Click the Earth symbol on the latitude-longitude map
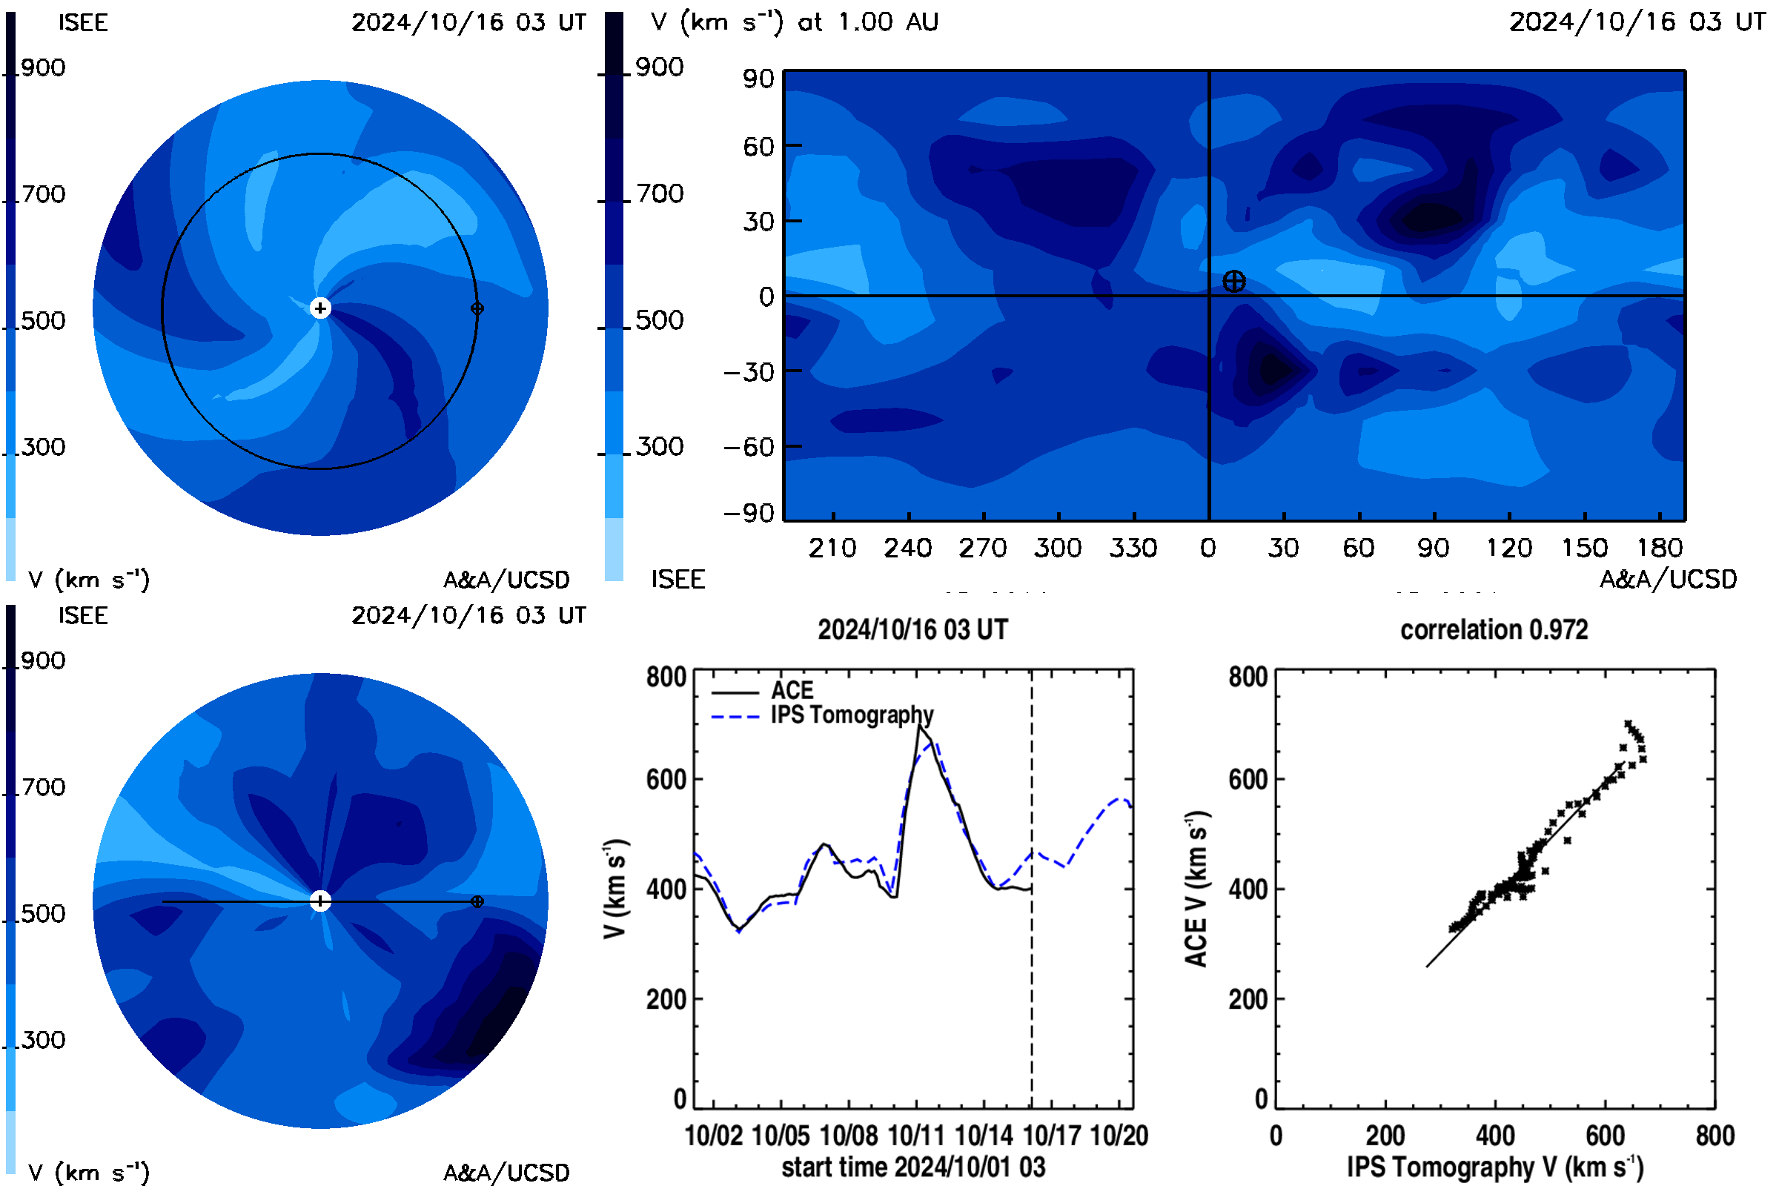(1233, 282)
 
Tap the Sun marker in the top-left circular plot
(321, 308)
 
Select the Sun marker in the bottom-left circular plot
(321, 901)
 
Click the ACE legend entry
(763, 691)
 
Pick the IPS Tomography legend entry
(822, 715)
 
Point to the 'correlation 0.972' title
(1494, 629)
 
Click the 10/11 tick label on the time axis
(916, 1136)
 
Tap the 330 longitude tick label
(1133, 548)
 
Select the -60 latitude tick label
(749, 447)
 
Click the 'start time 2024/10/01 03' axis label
(913, 1167)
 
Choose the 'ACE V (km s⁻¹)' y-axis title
(1196, 889)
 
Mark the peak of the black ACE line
(919, 725)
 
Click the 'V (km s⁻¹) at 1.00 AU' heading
(794, 22)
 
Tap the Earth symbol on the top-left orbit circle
(477, 308)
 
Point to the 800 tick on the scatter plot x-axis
(1715, 1136)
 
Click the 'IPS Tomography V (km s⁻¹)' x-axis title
(1494, 1167)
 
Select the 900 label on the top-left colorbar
(43, 67)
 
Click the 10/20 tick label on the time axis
(1119, 1136)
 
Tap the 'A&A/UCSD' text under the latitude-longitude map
(1668, 580)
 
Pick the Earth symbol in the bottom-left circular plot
(477, 901)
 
